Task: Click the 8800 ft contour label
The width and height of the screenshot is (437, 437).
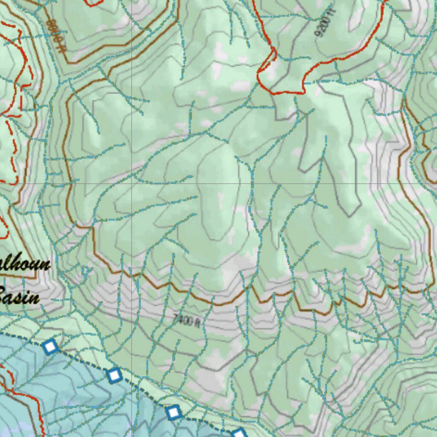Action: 56,36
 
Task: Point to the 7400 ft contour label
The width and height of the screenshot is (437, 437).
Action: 187,320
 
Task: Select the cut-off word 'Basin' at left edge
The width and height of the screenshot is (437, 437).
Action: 19,295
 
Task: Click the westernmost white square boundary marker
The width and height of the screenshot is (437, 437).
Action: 50,347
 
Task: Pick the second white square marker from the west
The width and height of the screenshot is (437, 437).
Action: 114,376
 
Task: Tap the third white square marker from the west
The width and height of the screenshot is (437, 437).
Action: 173,413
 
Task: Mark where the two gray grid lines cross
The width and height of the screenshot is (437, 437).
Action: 131,184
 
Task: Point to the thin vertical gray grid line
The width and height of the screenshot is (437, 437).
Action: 131,107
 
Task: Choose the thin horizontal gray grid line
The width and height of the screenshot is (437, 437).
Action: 299,184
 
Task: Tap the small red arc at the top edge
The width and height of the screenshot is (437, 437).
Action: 94,3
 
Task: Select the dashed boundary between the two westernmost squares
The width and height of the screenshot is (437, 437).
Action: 82,361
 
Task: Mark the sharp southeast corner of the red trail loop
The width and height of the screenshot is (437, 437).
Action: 303,91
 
